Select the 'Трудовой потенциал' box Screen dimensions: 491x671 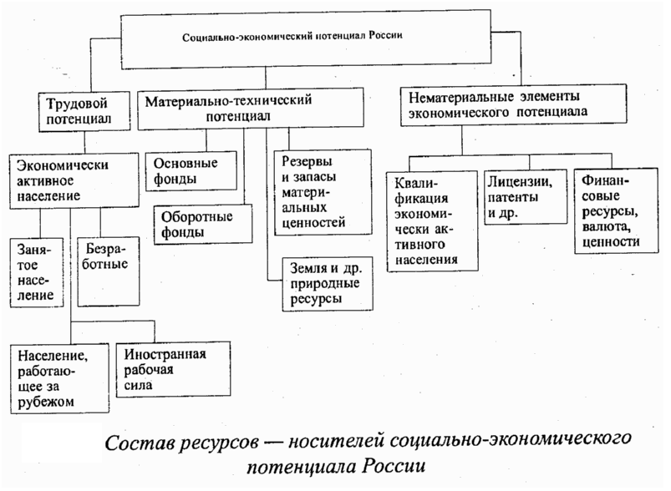(87, 110)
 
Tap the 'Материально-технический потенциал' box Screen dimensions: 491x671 (250, 109)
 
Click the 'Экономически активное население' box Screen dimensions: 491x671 (73, 180)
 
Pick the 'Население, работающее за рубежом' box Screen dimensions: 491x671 (58, 377)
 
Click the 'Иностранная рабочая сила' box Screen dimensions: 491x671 (173, 367)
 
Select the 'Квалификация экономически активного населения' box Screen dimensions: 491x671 (433, 221)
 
